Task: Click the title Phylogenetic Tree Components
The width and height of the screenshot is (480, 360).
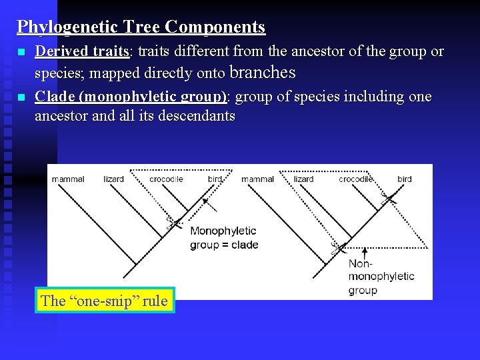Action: point(141,27)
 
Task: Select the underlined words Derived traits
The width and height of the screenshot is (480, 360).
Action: point(82,51)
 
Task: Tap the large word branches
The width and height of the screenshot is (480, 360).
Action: point(262,73)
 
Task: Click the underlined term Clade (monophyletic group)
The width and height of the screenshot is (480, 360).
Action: point(131,97)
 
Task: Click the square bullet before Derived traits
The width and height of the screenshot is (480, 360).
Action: point(21,52)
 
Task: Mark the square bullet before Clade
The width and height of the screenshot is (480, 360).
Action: point(21,97)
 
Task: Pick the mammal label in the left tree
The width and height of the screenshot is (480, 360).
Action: point(68,179)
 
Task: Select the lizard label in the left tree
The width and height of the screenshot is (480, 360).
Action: point(114,179)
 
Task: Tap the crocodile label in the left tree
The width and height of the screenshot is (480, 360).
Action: point(167,179)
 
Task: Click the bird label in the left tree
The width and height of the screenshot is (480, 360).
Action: point(215,179)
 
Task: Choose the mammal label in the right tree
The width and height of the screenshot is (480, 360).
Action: point(257,179)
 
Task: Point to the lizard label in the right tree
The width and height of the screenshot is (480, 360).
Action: point(303,179)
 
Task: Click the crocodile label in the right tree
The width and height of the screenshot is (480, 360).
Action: point(355,179)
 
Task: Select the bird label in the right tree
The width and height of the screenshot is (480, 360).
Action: point(405,179)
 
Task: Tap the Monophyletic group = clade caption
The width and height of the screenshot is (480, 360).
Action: point(223,238)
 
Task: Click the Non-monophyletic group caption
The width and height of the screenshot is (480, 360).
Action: point(381,277)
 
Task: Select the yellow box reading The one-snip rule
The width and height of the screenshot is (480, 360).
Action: point(104,301)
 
